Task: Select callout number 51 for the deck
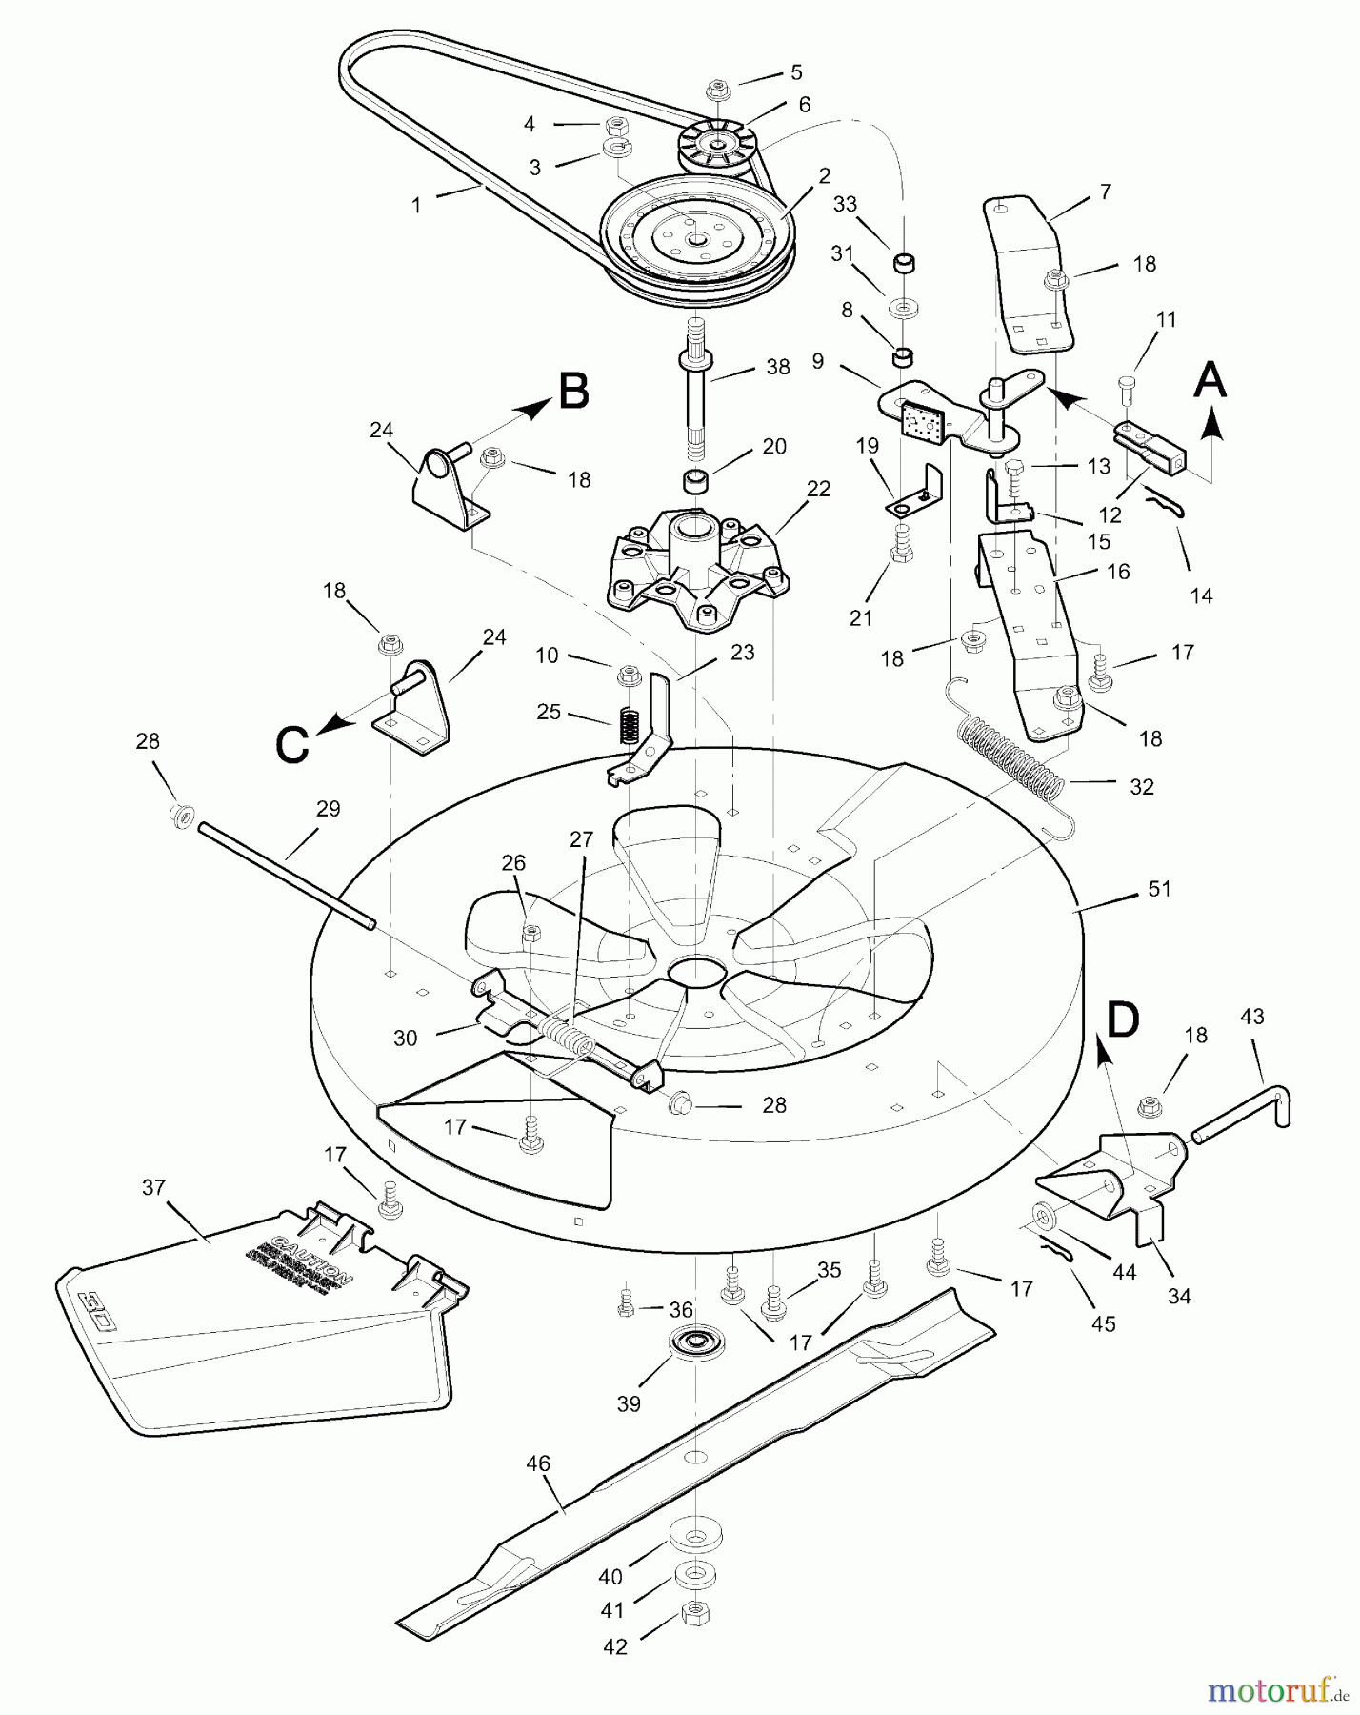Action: click(x=1159, y=889)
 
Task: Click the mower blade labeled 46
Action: click(x=695, y=1458)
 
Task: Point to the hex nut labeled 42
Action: click(x=693, y=1611)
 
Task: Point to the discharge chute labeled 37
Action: click(x=257, y=1334)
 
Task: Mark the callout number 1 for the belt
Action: click(x=415, y=205)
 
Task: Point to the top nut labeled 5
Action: click(x=716, y=91)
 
